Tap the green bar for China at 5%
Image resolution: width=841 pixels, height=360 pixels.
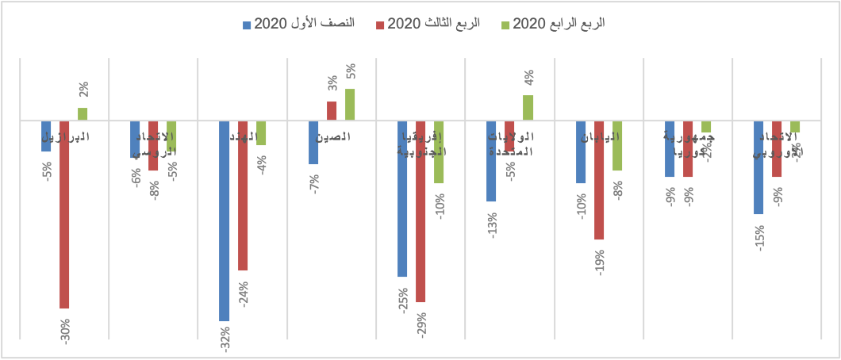[x=350, y=105]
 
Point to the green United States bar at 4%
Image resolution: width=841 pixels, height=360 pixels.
[x=528, y=108]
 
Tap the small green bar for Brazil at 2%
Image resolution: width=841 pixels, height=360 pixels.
[x=83, y=114]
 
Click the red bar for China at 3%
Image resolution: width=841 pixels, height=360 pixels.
[x=332, y=111]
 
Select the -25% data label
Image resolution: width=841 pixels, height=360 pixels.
[x=403, y=301]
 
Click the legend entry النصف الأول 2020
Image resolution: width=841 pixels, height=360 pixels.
[x=305, y=24]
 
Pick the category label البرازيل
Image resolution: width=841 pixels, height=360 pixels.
[x=64, y=136]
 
